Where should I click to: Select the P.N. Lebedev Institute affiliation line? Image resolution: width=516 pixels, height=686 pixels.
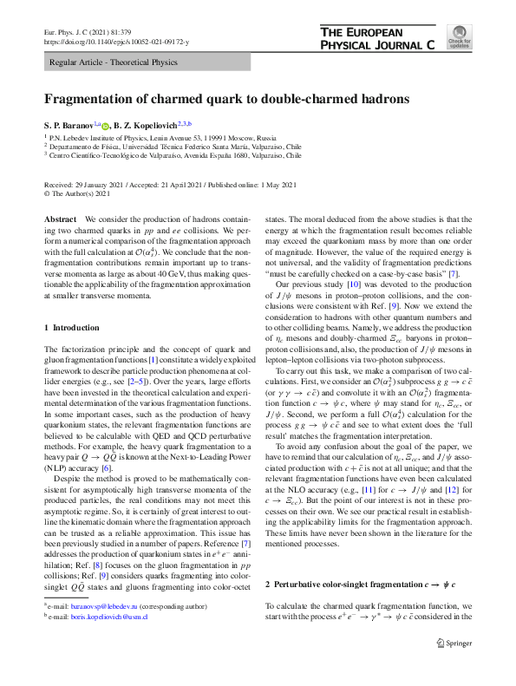coord(160,138)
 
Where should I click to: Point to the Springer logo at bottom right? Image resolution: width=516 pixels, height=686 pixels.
coord(453,668)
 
